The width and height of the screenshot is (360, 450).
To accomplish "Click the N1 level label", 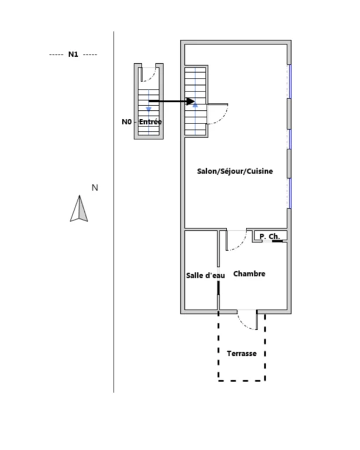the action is coord(73,54).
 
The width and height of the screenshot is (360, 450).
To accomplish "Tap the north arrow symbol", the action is coord(79,209).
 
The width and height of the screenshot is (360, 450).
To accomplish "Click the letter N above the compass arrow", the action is coord(95,187).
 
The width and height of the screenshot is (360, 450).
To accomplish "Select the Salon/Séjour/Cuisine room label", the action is coord(235,171).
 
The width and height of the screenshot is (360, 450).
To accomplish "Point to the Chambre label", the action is coord(249,274).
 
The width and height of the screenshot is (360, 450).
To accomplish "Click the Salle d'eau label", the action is coord(205,275).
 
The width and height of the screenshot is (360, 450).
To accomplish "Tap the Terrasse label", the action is coord(242,353).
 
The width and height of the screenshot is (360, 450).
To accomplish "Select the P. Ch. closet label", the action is coord(269,237).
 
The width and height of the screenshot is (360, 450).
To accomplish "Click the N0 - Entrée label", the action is coord(142,122).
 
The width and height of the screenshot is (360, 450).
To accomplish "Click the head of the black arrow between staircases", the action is coord(191,101).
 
